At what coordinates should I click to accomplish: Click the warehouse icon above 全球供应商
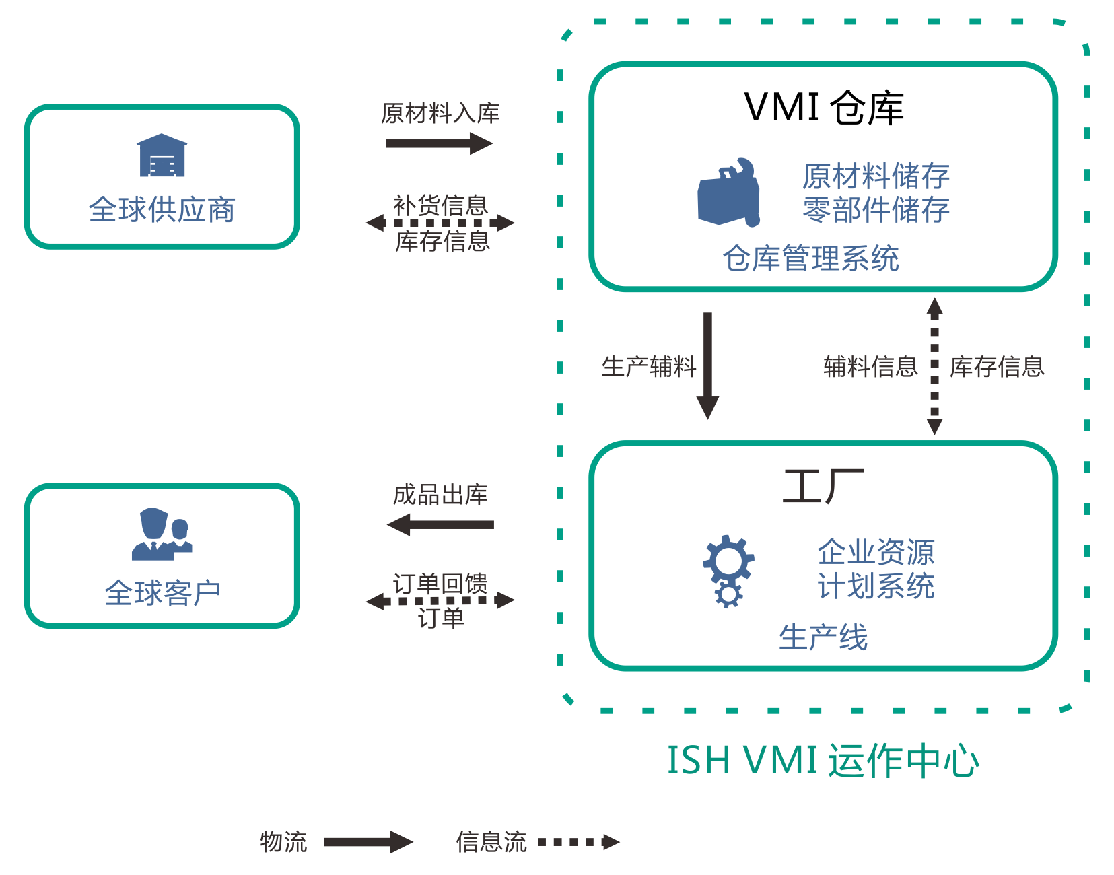coord(162,155)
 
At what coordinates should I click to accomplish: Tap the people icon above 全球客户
coord(162,534)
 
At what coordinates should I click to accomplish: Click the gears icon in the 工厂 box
coord(728,571)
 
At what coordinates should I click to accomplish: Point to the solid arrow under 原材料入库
coord(439,143)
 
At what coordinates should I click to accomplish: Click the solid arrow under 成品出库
coord(440,524)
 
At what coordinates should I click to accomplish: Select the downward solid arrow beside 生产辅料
coord(707,365)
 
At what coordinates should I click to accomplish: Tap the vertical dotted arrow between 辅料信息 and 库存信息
coord(934,365)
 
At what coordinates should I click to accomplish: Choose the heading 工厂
coord(823,486)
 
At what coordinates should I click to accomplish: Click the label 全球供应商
coord(162,209)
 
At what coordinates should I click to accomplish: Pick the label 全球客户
coord(162,593)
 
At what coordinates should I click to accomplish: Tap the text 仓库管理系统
coord(810,258)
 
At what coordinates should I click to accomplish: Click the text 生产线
coord(823,637)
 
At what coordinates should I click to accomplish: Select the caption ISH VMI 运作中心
coord(823,761)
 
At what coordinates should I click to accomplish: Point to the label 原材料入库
coord(440,113)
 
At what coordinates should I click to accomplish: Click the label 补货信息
coord(440,204)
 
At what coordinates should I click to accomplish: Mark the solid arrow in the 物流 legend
coord(368,842)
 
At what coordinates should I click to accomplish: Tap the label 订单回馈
coord(440,583)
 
